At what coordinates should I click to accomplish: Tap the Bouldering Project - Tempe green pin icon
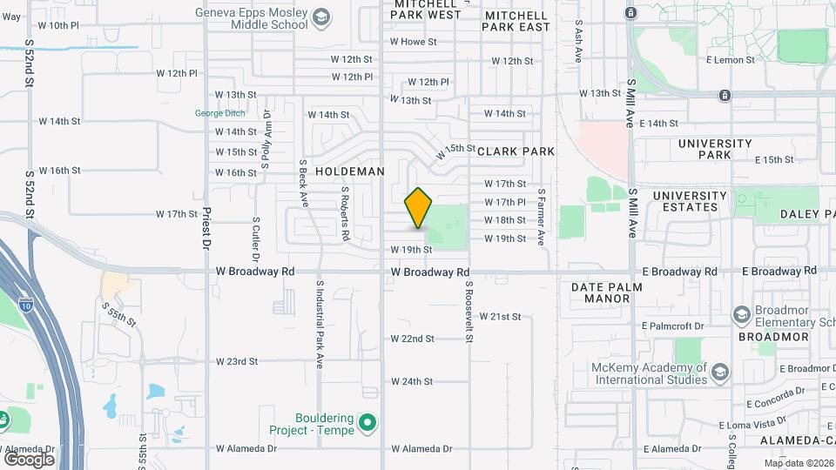[x=368, y=425]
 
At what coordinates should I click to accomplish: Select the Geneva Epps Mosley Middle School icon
[x=321, y=17]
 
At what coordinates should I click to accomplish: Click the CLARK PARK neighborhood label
[x=516, y=151]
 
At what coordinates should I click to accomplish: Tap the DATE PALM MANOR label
[x=607, y=292]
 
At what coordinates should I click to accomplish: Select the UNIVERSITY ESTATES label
[x=690, y=201]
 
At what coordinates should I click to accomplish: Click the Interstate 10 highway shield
[x=27, y=306]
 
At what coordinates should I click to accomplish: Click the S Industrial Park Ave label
[x=320, y=324]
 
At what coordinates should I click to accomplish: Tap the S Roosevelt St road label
[x=468, y=311]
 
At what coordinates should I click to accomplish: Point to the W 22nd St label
[x=412, y=338]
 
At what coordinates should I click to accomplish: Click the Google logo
[x=29, y=459]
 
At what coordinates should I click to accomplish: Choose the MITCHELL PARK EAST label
[x=517, y=21]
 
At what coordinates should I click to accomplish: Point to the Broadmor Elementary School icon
[x=741, y=314]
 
